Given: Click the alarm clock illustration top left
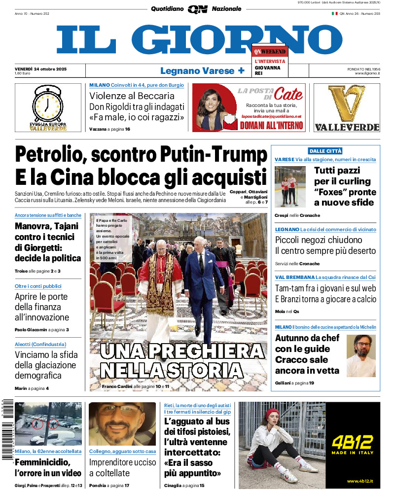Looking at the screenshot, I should (47, 105).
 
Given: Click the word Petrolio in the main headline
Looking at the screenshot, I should (50, 155).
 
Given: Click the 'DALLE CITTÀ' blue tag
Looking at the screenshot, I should (325, 151).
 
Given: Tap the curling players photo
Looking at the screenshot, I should (290, 186).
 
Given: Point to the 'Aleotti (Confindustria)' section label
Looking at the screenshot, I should (40, 345).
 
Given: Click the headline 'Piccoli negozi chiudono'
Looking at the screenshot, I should (319, 240).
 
